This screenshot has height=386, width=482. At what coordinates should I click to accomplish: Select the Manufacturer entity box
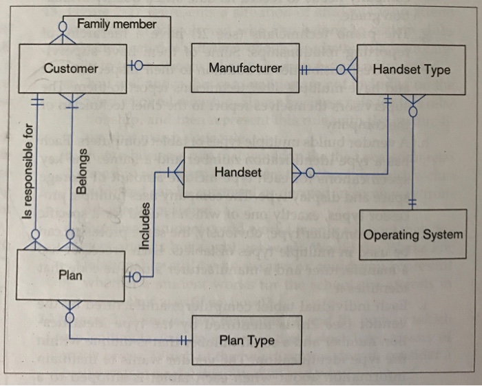click(x=244, y=68)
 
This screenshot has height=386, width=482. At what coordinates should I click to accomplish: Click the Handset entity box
click(x=238, y=171)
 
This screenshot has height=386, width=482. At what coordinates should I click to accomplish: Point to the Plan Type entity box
click(x=247, y=340)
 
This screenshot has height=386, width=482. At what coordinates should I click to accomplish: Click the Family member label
click(x=116, y=25)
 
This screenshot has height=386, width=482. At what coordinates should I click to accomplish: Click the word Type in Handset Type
click(x=437, y=69)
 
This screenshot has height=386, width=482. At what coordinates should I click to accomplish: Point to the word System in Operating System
click(x=442, y=235)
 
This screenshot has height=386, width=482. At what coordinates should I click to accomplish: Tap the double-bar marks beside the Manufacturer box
click(x=306, y=68)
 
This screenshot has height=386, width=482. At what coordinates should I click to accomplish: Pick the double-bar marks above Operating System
click(x=412, y=204)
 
